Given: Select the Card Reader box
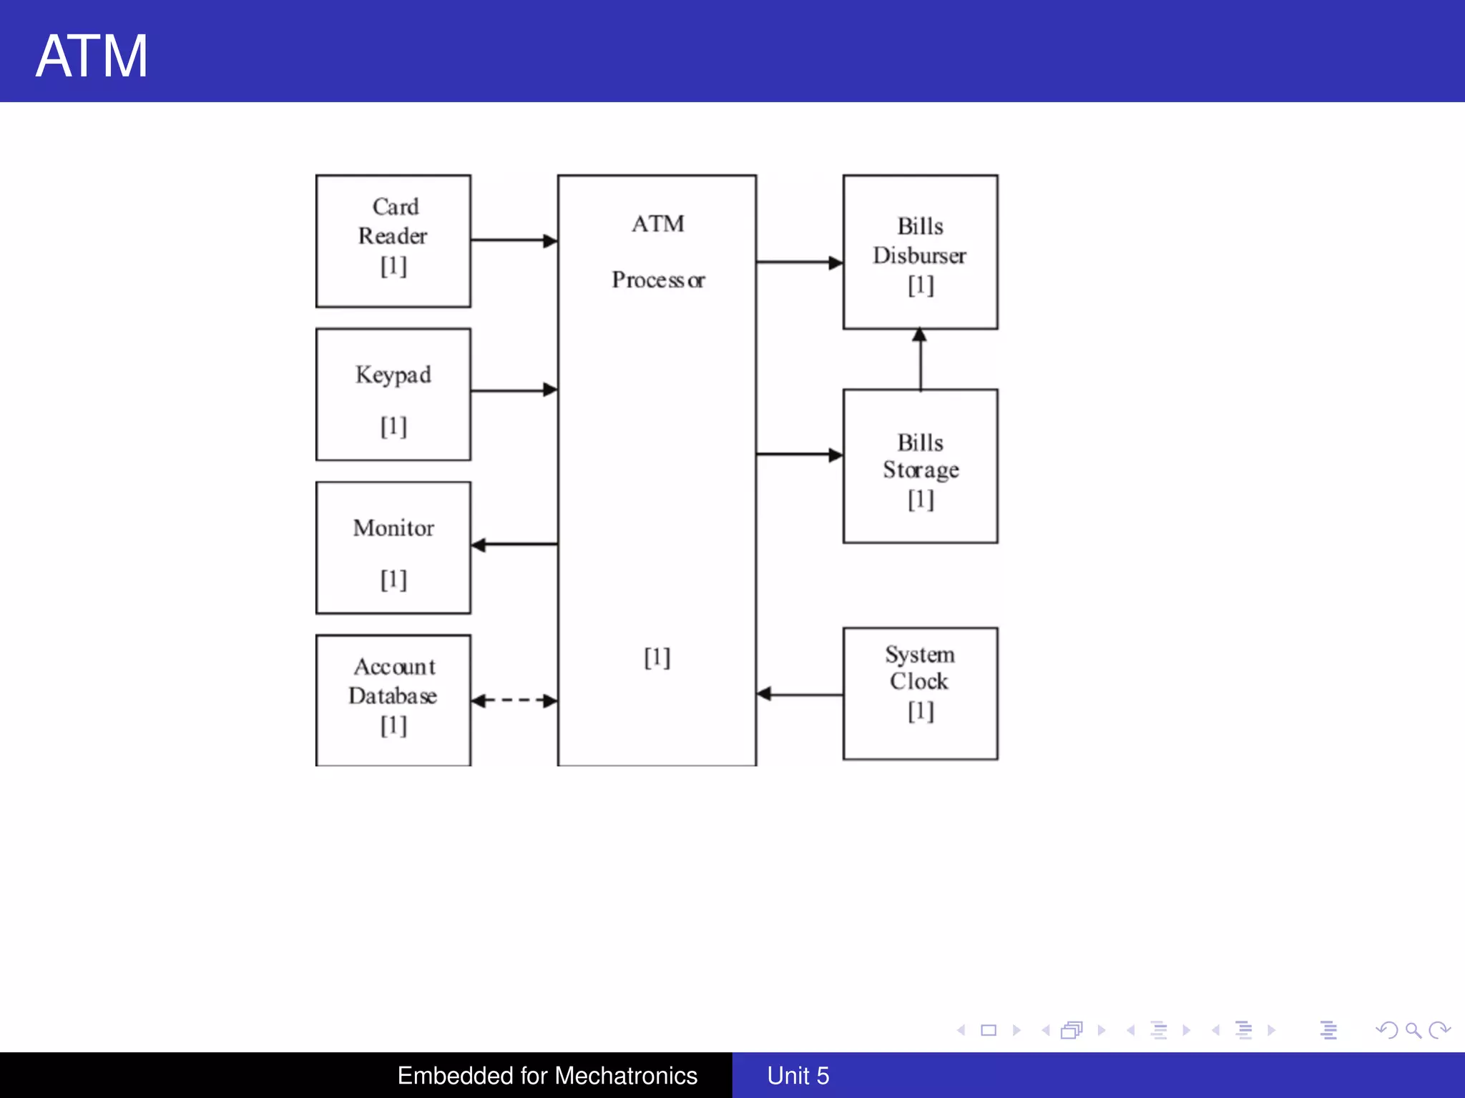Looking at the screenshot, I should [393, 241].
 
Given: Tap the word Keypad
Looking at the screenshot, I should [393, 375].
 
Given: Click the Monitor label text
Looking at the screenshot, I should [393, 528].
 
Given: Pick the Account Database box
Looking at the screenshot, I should [393, 699].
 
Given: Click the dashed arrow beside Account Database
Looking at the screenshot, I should [514, 701].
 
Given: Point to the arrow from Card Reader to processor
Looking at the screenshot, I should [514, 240].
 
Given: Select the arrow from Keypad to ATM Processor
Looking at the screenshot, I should [514, 390].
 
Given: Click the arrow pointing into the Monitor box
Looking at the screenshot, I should [514, 545].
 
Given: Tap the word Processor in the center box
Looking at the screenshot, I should [657, 280].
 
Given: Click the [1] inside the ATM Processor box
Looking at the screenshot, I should [657, 657].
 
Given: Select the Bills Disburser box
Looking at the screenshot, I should [920, 252].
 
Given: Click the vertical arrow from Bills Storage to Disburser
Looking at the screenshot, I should [920, 360].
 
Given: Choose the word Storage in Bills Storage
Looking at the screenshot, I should [920, 470].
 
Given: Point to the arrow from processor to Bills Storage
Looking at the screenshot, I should [799, 454].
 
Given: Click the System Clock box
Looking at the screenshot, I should [920, 693].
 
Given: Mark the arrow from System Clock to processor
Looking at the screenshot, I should [799, 694].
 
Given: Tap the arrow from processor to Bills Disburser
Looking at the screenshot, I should [799, 262].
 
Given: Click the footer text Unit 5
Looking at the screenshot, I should [798, 1075].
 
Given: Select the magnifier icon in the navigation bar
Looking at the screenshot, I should [1413, 1030].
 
